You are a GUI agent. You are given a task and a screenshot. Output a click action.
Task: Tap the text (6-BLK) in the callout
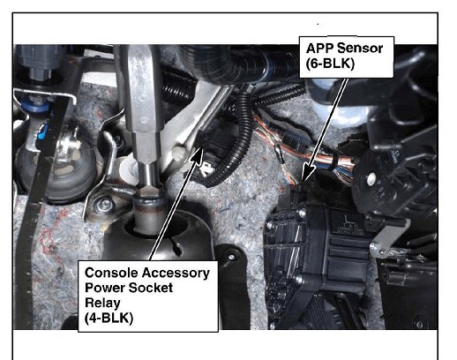(x=330, y=64)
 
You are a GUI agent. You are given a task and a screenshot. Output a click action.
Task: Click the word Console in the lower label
(x=111, y=273)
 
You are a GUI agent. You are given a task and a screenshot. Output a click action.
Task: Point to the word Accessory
(x=176, y=274)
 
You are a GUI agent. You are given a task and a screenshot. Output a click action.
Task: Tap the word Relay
(x=102, y=304)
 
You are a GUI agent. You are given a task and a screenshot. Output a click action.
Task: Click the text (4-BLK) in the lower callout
(x=109, y=318)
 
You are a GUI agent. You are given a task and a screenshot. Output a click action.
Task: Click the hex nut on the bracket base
(x=105, y=204)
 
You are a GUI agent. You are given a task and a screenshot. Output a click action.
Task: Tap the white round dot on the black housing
(x=371, y=177)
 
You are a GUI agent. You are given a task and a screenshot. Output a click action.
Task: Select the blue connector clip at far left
(x=43, y=131)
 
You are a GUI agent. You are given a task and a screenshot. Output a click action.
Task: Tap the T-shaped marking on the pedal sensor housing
(x=348, y=219)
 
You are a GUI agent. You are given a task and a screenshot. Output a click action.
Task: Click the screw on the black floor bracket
(x=231, y=257)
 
